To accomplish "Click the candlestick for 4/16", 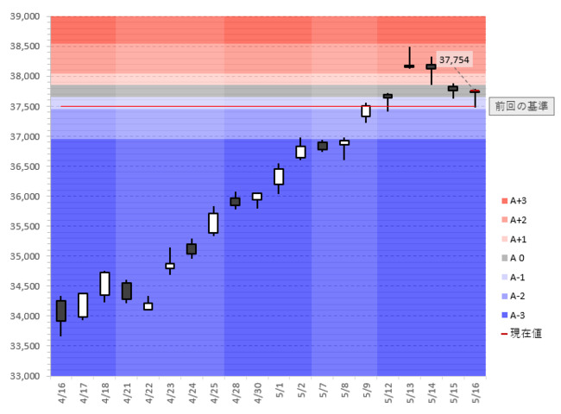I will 61,310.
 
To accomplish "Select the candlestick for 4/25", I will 213,223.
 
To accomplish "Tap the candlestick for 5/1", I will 279,177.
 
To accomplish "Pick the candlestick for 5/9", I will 366,110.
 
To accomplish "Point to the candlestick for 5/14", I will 431,66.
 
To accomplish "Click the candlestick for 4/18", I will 104,284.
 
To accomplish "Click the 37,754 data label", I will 455,60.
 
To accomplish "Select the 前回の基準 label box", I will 521,106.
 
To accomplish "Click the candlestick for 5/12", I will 388,97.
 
